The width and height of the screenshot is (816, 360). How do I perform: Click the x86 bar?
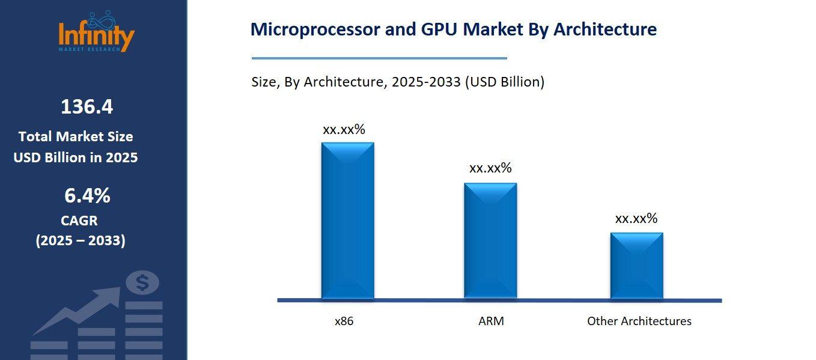(x=347, y=221)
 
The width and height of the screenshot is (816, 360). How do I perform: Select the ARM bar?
(x=490, y=240)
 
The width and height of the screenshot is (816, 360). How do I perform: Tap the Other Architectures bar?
(x=636, y=265)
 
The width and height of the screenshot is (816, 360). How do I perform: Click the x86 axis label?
(x=344, y=321)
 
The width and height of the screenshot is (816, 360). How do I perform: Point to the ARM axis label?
(x=491, y=321)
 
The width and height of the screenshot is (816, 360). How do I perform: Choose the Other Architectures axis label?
(x=639, y=321)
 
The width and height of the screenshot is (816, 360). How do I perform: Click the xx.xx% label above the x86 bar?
(x=344, y=129)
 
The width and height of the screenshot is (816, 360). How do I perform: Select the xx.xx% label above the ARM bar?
(x=490, y=168)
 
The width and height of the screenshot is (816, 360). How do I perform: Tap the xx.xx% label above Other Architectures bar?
(x=636, y=218)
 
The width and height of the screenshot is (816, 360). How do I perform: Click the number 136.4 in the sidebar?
(x=87, y=107)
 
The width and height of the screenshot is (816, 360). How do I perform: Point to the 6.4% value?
(x=87, y=195)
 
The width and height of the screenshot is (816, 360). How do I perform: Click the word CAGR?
(x=79, y=221)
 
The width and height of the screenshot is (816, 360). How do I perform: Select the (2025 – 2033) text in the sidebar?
(x=81, y=241)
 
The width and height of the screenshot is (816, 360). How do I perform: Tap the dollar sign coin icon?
(x=143, y=282)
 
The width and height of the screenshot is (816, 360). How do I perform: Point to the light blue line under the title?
(x=379, y=58)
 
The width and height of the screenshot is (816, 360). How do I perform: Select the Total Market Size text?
(x=76, y=136)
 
